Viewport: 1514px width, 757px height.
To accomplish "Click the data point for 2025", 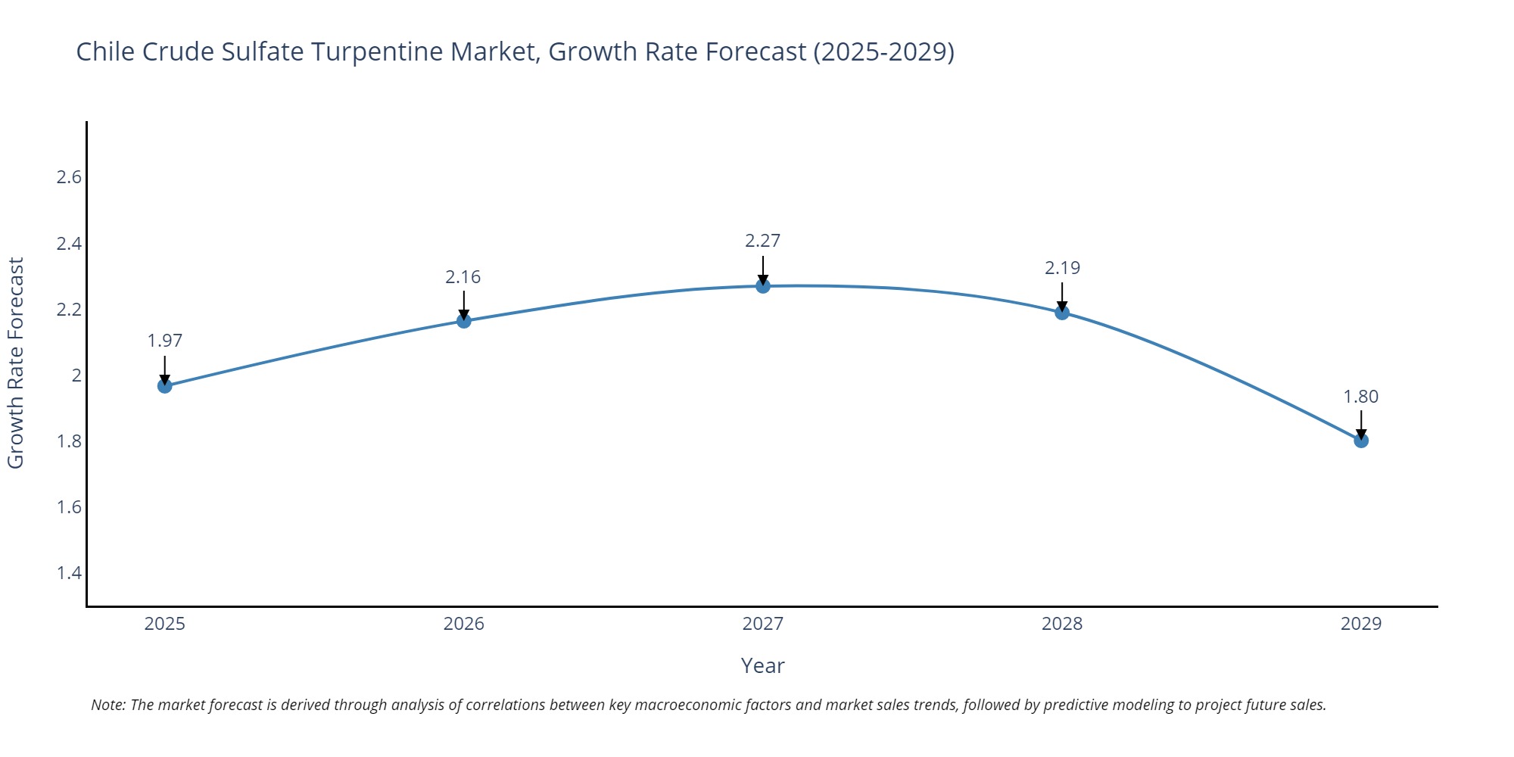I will point(165,386).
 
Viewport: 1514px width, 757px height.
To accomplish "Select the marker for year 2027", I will point(763,286).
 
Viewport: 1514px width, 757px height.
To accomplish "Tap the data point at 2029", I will point(1361,441).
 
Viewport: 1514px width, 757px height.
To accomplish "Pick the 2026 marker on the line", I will point(464,321).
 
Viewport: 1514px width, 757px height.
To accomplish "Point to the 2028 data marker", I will point(1062,313).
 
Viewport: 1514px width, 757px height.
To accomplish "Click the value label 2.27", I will point(762,241).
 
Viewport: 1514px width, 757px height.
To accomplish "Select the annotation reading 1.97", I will point(165,341).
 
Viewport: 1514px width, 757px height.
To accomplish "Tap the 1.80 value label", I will point(1361,397).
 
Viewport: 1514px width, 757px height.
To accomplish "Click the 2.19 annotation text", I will point(1062,268).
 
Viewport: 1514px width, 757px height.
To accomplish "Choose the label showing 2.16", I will point(463,277).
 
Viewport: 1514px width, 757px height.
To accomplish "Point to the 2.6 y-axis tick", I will point(69,177).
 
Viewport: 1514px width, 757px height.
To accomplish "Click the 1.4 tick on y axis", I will point(69,572).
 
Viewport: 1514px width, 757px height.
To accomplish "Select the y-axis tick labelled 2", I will point(76,375).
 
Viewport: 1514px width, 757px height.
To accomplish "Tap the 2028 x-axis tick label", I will point(1062,624).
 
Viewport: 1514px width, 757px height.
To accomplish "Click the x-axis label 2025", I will point(165,624).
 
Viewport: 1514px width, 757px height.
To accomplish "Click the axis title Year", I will point(762,665).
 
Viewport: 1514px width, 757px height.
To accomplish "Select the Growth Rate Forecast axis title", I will point(16,363).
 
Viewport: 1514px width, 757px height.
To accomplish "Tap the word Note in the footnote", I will point(107,705).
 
